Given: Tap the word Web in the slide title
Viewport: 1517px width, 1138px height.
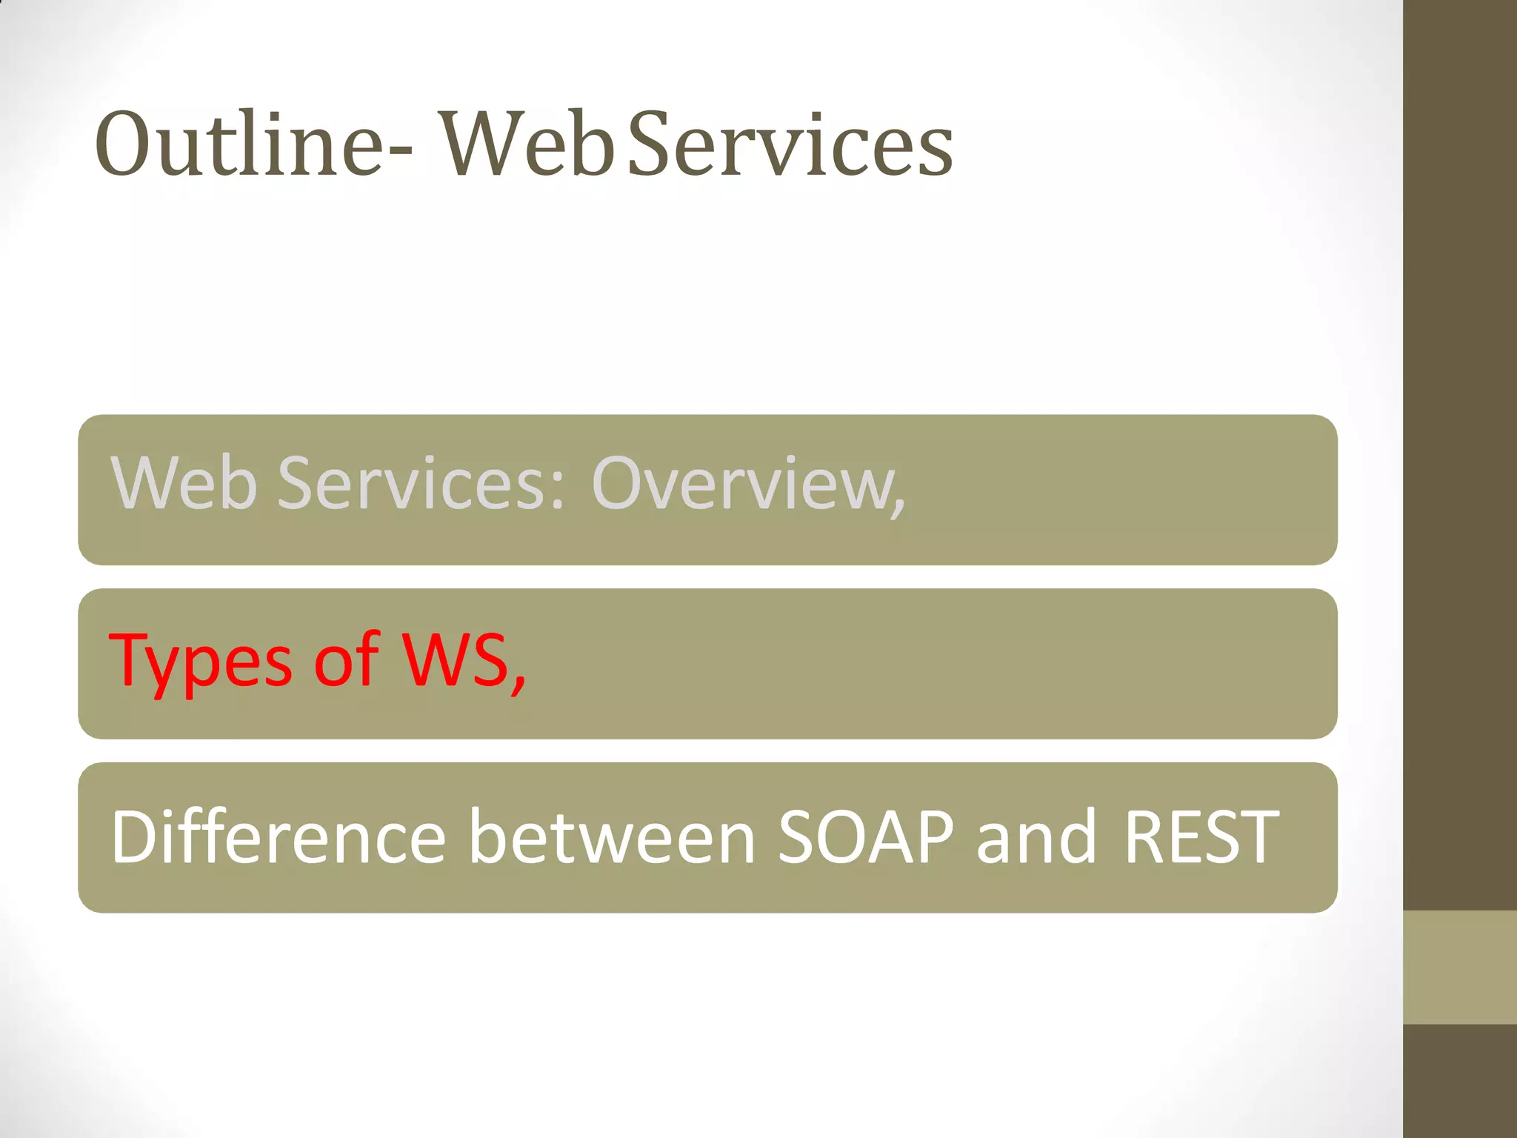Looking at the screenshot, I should pos(529,144).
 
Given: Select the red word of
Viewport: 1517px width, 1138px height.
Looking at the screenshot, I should pos(346,659).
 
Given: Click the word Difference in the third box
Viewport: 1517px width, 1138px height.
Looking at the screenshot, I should pos(279,837).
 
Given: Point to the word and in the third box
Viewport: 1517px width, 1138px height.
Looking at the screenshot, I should pos(1036,837).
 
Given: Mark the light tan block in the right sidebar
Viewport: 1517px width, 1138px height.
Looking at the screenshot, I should pos(1459,967).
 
